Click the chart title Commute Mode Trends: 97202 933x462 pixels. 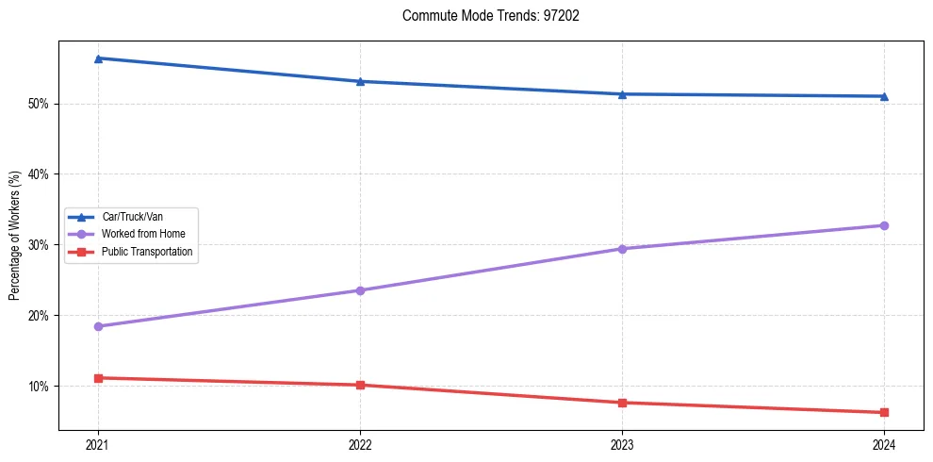[x=483, y=16]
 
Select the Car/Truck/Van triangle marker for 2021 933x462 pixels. [x=98, y=58]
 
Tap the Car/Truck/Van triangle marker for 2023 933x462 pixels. [x=622, y=94]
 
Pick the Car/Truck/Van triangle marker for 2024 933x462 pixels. [x=884, y=96]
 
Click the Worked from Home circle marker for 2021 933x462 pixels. [x=98, y=326]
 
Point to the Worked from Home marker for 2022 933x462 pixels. [x=360, y=290]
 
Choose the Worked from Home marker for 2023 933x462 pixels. [x=622, y=249]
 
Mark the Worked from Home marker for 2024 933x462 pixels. [x=884, y=225]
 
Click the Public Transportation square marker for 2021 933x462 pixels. [x=98, y=378]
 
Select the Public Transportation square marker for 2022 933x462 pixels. [x=360, y=385]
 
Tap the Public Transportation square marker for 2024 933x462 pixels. [x=884, y=412]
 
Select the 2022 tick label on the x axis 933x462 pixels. [x=360, y=443]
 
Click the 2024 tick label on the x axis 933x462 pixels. [x=884, y=443]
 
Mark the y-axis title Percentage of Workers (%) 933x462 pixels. [x=15, y=236]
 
